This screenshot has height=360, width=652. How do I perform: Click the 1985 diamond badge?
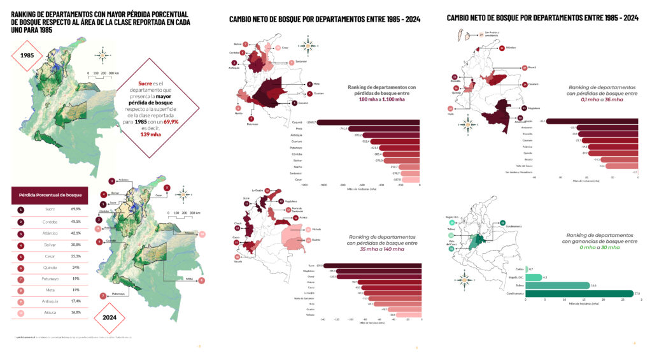tap(27, 55)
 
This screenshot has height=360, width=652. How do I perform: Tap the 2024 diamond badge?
tap(108, 316)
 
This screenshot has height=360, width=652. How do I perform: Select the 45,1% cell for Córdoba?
tap(76, 222)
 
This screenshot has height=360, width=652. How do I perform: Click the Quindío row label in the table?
tap(50, 268)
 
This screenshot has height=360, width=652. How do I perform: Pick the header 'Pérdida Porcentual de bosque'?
tap(50, 194)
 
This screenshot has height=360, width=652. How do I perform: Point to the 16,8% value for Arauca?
tap(76, 313)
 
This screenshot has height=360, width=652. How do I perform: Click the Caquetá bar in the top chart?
tap(369, 122)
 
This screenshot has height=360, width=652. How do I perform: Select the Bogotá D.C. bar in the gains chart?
tap(534, 277)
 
